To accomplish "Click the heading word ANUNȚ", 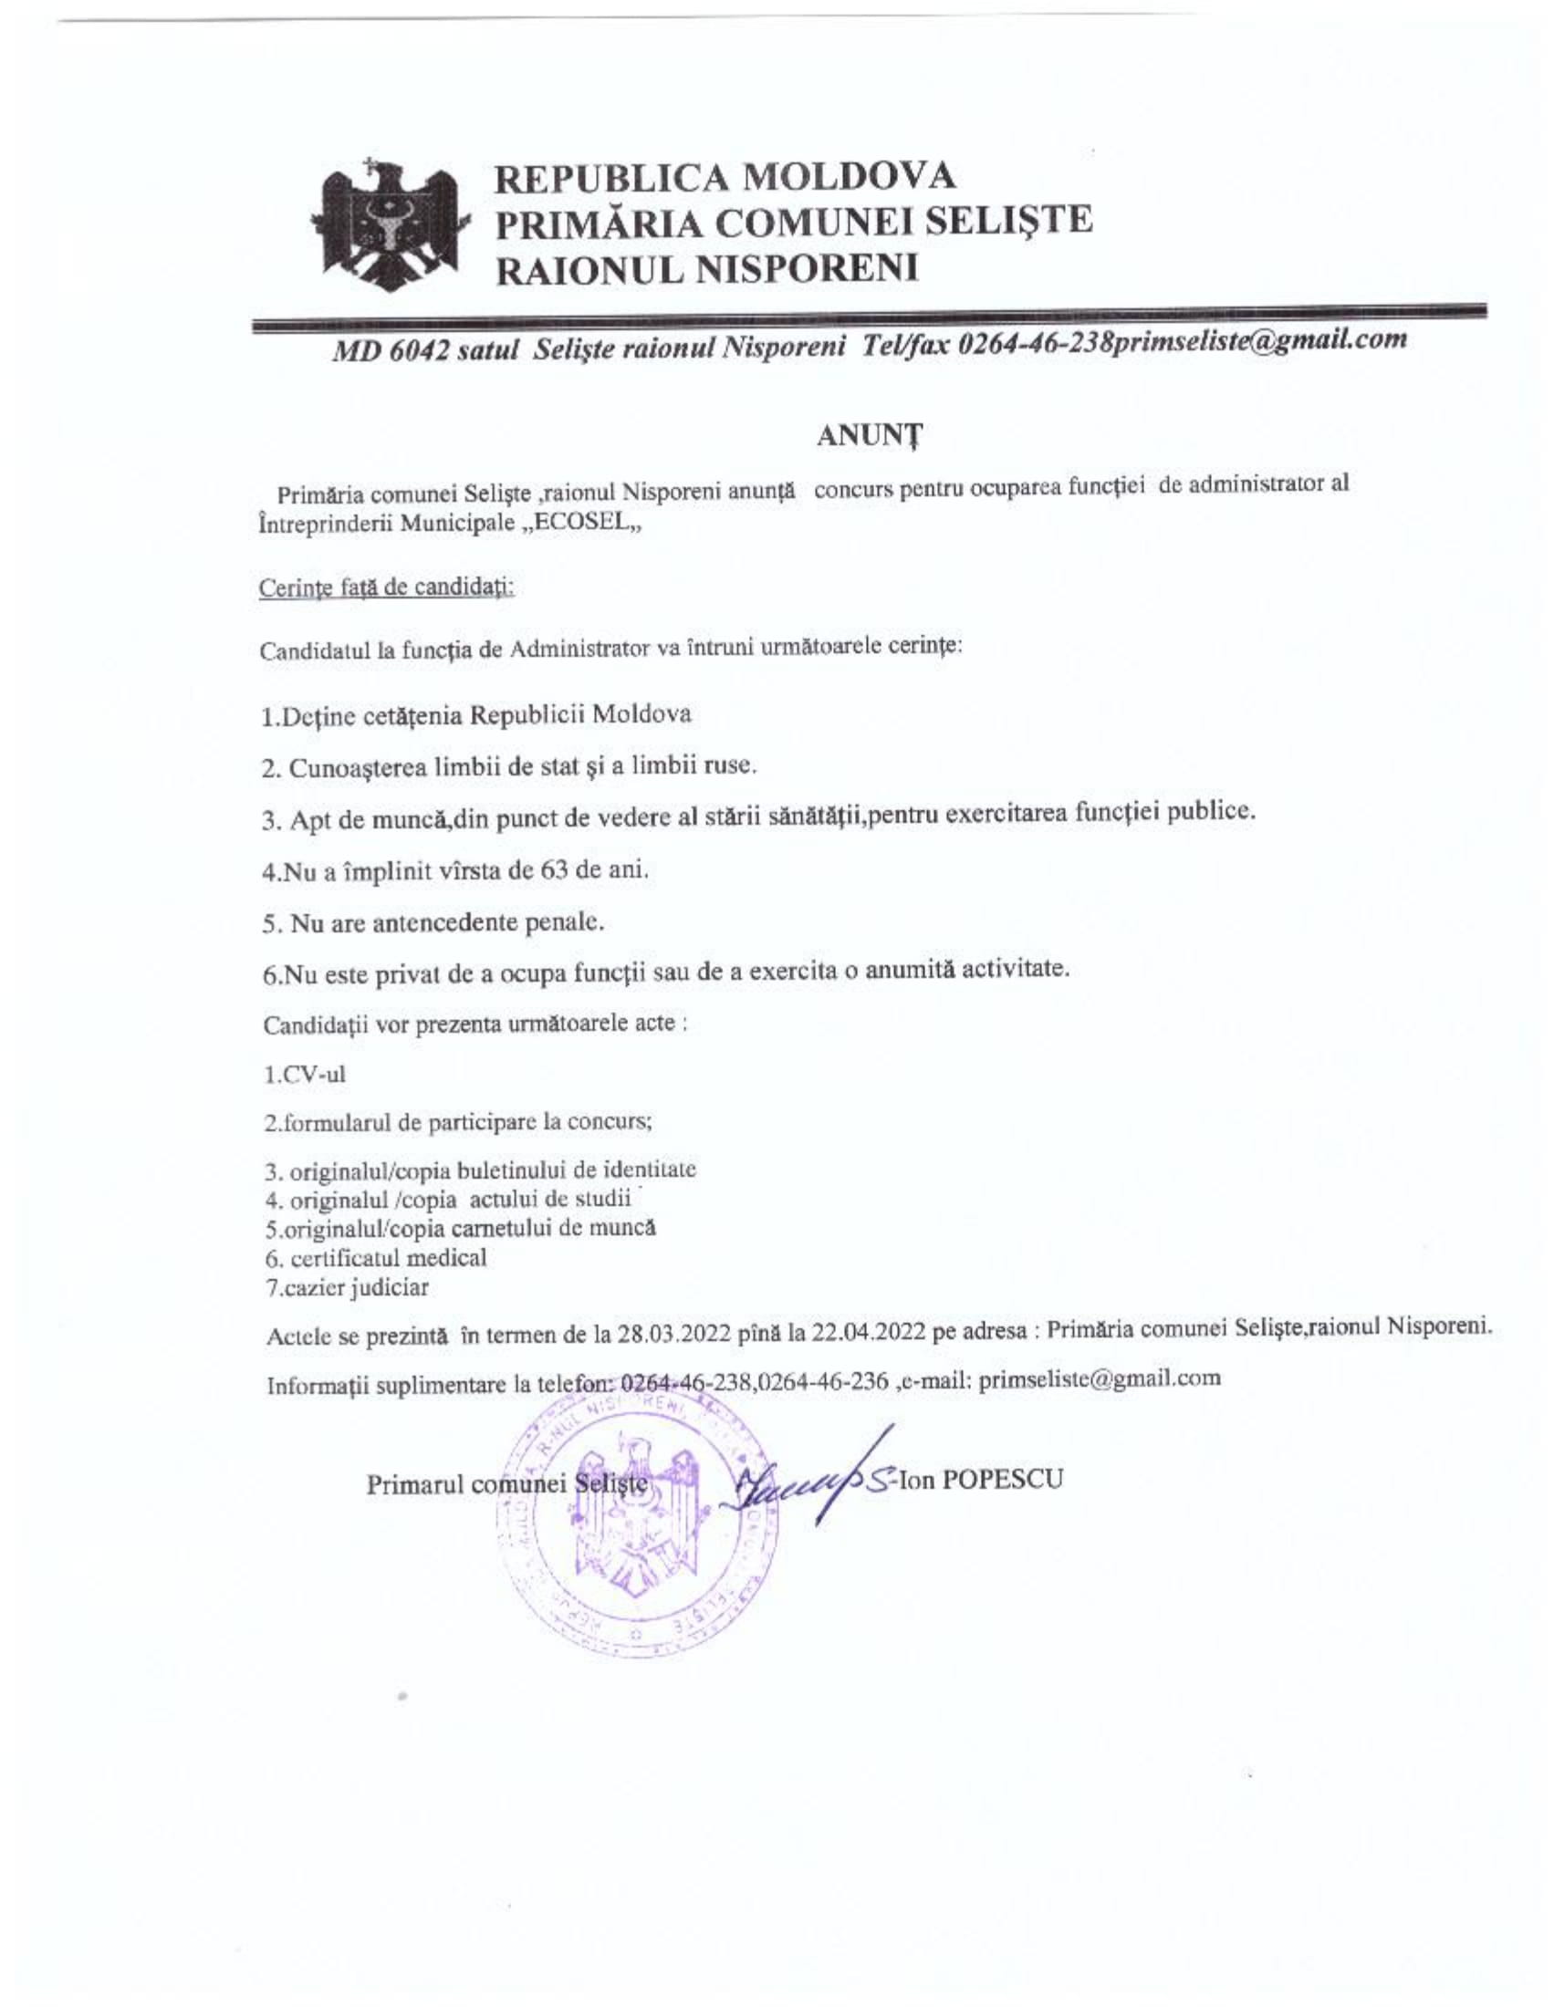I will [870, 438].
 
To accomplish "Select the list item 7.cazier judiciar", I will [348, 1287].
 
